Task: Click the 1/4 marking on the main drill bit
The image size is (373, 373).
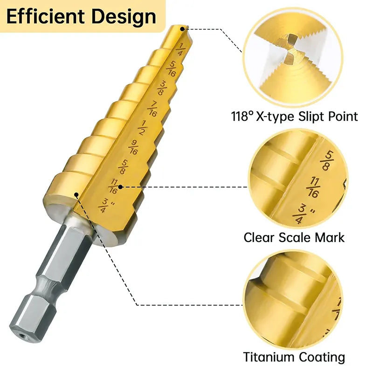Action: pyautogui.click(x=180, y=49)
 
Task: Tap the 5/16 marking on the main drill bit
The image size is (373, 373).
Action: pyautogui.click(x=171, y=69)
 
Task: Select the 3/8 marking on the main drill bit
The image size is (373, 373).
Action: pyautogui.click(x=162, y=88)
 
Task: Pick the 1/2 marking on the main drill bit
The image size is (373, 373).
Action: pyautogui.click(x=143, y=128)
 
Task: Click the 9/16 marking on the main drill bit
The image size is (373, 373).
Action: pyautogui.click(x=133, y=147)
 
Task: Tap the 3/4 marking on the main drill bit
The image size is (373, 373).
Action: pyautogui.click(x=105, y=206)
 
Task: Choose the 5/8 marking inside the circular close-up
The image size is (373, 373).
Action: pyautogui.click(x=327, y=160)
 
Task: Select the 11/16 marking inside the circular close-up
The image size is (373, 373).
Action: pyautogui.click(x=312, y=187)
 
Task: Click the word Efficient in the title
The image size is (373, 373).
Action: pyautogui.click(x=45, y=17)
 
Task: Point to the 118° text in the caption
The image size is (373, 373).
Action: pyautogui.click(x=242, y=116)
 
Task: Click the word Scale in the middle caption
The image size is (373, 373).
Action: pyautogui.click(x=295, y=237)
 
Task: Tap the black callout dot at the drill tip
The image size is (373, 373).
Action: pyautogui.click(x=182, y=29)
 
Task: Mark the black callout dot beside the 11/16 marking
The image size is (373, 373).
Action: pyautogui.click(x=120, y=187)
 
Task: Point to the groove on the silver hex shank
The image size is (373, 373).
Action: pyautogui.click(x=48, y=284)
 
